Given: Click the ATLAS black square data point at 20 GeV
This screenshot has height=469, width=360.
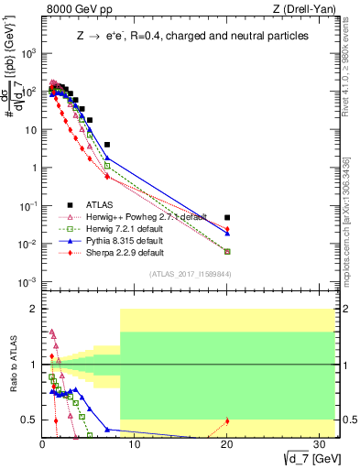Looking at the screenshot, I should [x=227, y=217].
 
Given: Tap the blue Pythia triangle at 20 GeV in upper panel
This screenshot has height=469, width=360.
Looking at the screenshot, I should [x=227, y=234].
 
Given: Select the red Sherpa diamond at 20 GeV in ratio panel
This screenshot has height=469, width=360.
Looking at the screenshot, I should [x=227, y=420].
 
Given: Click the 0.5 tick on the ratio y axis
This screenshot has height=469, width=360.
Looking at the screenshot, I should [x=29, y=420].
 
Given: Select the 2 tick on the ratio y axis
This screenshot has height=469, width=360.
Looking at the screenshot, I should [x=34, y=309].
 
